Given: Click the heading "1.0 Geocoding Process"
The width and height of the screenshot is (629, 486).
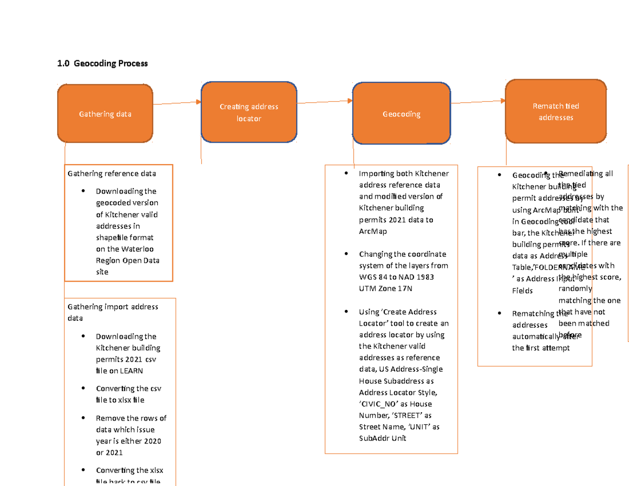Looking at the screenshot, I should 103,63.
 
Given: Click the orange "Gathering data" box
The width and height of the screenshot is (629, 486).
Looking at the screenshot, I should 105,114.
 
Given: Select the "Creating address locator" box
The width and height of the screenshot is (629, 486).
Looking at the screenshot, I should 248,112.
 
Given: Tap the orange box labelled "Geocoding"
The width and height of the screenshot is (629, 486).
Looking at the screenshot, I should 401,114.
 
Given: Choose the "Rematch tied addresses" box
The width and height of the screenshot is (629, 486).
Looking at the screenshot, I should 556,112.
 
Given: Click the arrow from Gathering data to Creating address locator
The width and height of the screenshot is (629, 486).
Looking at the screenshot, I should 177,103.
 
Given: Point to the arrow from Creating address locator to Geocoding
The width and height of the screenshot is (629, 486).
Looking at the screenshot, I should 325,102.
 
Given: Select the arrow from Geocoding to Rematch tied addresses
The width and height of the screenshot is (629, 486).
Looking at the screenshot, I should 477,102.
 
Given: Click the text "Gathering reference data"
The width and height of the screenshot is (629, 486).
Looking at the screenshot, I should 112,174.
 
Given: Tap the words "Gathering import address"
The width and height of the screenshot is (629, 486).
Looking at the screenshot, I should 113,307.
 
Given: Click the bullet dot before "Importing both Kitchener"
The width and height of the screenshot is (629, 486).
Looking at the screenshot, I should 346,174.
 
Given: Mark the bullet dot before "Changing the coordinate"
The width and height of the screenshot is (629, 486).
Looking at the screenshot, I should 346,254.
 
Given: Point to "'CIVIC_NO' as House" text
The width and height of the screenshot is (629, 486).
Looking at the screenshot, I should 395,404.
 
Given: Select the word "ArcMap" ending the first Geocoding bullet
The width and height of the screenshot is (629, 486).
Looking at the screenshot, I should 374,231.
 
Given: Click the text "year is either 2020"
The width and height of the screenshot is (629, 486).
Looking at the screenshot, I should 128,441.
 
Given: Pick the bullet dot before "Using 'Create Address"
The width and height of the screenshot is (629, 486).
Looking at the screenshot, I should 346,312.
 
